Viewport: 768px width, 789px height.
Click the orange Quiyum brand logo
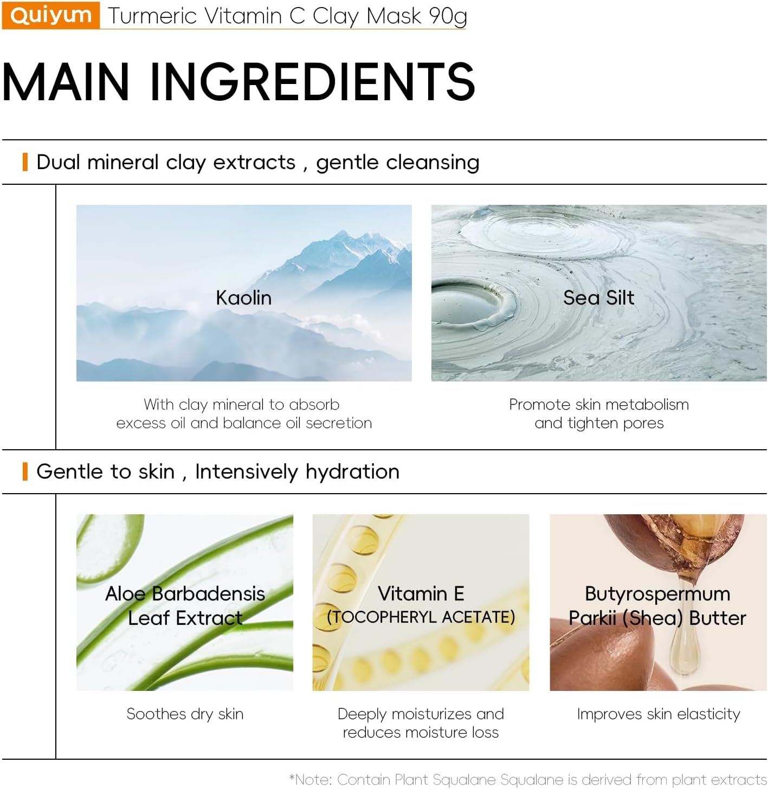point(51,15)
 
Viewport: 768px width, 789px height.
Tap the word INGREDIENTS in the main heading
point(312,81)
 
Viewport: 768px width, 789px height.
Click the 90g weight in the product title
point(448,17)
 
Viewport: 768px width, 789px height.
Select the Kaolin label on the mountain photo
point(244,298)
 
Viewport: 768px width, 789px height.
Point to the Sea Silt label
point(598,298)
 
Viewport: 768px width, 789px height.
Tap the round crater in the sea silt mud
point(470,302)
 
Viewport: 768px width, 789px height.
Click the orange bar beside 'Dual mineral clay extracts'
point(25,162)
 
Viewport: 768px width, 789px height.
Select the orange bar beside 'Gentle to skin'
point(25,471)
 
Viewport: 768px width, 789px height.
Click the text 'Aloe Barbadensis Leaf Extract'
point(185,606)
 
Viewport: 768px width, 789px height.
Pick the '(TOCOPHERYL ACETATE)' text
point(421,617)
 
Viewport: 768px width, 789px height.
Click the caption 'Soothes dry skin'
point(185,714)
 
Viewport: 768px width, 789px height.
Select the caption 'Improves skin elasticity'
point(659,714)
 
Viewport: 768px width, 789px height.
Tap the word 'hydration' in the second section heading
point(352,472)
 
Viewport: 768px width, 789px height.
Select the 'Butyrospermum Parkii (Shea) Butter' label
point(657,606)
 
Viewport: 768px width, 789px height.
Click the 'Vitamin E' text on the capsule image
point(421,593)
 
